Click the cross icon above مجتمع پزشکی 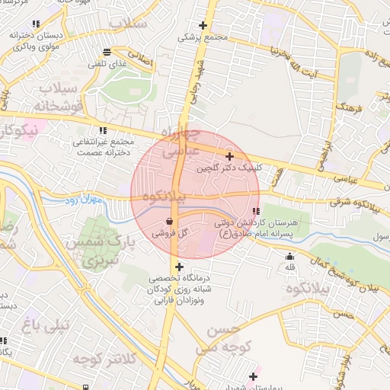(203, 25)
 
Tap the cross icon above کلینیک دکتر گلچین (229, 156)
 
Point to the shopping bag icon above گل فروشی (168, 222)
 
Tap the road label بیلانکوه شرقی (358, 203)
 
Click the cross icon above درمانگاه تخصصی (179, 267)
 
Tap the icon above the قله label (289, 256)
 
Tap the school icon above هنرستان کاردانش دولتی (257, 210)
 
